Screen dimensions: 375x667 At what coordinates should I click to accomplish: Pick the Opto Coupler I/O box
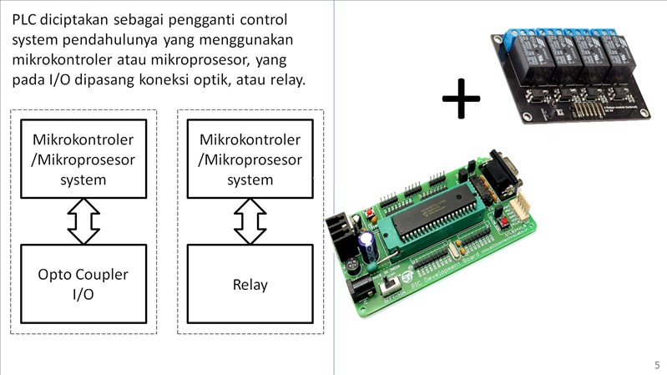83,284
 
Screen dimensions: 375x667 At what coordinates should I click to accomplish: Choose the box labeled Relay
250,284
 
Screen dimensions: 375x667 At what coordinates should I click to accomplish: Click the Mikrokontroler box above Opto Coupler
83,159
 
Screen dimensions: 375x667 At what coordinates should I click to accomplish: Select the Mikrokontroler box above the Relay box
250,159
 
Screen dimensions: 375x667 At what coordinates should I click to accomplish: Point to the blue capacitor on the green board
366,244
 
